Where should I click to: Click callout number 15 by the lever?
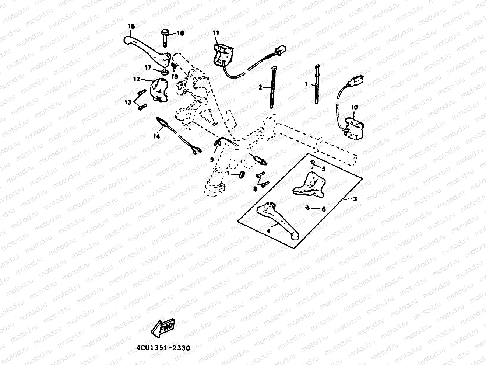click(131, 26)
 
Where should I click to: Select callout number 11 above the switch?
click(215, 33)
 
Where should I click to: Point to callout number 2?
click(260, 87)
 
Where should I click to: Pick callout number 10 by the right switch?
click(354, 107)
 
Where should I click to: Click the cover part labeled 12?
click(159, 89)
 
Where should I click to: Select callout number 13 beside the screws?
click(127, 102)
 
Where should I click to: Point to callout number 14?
click(157, 136)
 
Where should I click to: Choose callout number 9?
click(212, 160)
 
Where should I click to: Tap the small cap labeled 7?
click(243, 174)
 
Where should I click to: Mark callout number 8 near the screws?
click(255, 188)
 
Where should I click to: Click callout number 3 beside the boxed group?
click(355, 199)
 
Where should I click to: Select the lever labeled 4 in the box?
click(276, 219)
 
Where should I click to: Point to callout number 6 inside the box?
click(324, 209)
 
